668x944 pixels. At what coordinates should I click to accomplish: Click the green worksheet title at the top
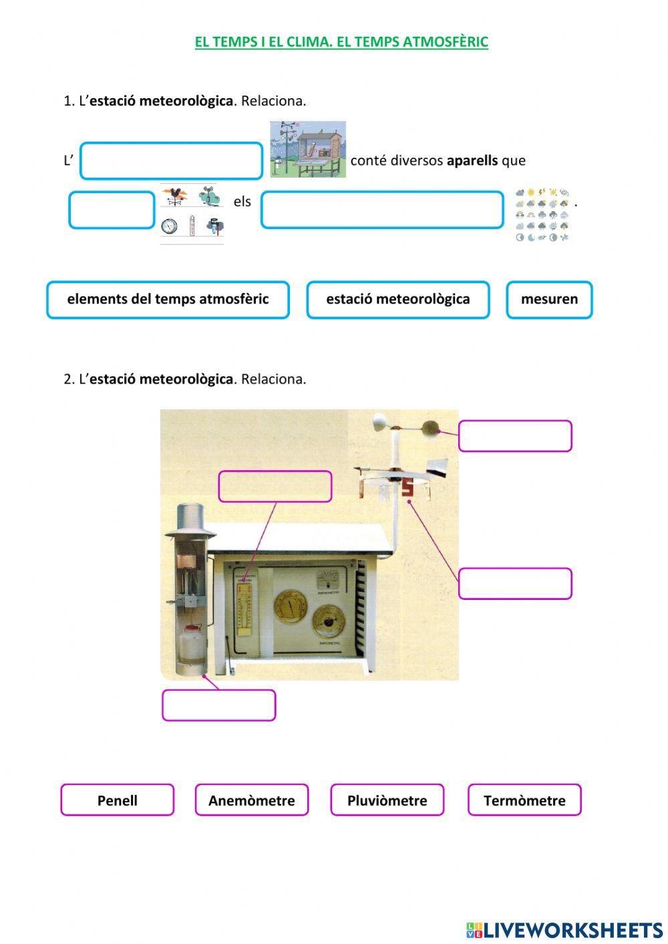tap(341, 42)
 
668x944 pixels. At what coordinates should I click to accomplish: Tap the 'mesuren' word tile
tap(549, 299)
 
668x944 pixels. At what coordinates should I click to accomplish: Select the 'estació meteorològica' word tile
tap(397, 299)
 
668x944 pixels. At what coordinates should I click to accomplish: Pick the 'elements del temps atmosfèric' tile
tap(168, 299)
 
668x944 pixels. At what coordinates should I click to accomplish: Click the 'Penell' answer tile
tap(117, 800)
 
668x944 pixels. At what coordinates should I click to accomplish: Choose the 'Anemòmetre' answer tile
tap(251, 800)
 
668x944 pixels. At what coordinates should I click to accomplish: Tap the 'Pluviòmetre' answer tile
tap(387, 800)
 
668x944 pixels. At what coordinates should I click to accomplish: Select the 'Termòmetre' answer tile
tap(524, 800)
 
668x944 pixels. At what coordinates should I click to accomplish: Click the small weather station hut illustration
tap(308, 150)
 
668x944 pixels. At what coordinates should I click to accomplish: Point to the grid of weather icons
tap(542, 214)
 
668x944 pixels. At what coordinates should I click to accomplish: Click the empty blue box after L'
tap(171, 161)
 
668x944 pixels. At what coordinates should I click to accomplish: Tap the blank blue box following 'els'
tap(381, 210)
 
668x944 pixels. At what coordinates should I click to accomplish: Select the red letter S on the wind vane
tap(407, 488)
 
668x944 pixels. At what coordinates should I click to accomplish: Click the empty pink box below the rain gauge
tap(218, 705)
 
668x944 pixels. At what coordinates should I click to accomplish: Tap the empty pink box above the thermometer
tap(275, 486)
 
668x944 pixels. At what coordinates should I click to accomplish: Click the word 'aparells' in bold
tap(472, 160)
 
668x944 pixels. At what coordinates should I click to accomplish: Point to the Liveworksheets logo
tap(564, 930)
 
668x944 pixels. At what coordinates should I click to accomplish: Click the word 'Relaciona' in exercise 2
tap(273, 379)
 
